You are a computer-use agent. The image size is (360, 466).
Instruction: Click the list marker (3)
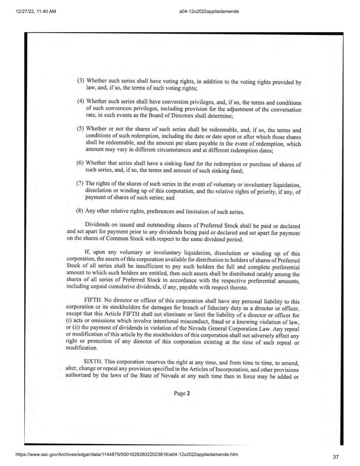pyautogui.click(x=81, y=81)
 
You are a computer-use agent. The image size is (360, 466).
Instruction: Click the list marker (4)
pyautogui.click(x=80, y=101)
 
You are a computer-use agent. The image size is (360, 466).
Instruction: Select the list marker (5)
pyautogui.click(x=80, y=128)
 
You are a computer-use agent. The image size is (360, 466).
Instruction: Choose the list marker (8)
pyautogui.click(x=80, y=210)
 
